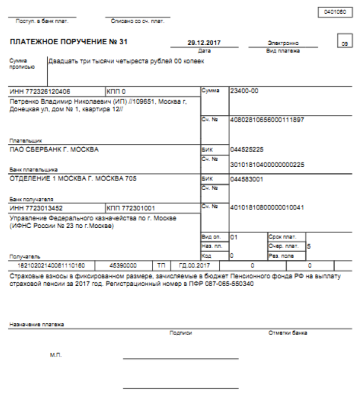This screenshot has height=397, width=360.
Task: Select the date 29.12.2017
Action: tap(200, 43)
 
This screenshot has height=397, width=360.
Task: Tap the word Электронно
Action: tap(283, 43)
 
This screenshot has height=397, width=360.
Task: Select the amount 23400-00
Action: tap(245, 91)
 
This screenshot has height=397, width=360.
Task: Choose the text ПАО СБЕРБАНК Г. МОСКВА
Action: tap(54, 149)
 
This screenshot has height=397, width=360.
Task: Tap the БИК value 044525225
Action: tap(247, 150)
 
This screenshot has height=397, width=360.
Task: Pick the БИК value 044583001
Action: tap(247, 179)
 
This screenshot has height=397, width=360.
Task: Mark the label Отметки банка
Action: tap(288, 333)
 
